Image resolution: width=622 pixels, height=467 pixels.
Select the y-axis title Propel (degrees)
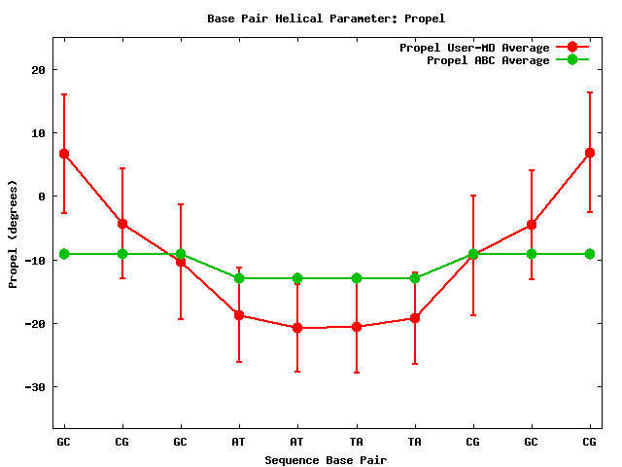14,233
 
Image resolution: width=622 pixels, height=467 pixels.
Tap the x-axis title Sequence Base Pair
326,459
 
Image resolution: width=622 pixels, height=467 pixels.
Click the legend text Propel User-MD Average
474,48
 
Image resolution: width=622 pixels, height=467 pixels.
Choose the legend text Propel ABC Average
488,60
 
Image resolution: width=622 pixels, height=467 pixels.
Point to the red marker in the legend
572,48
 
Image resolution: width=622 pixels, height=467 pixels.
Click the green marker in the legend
572,60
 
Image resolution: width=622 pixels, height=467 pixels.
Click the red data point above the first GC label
64,154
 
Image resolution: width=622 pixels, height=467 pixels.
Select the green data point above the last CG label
590,254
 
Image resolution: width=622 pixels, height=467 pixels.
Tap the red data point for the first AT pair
239,315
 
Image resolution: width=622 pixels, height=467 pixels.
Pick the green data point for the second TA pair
415,278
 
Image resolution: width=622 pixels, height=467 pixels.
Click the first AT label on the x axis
239,442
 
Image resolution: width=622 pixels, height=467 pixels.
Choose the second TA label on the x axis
415,442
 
